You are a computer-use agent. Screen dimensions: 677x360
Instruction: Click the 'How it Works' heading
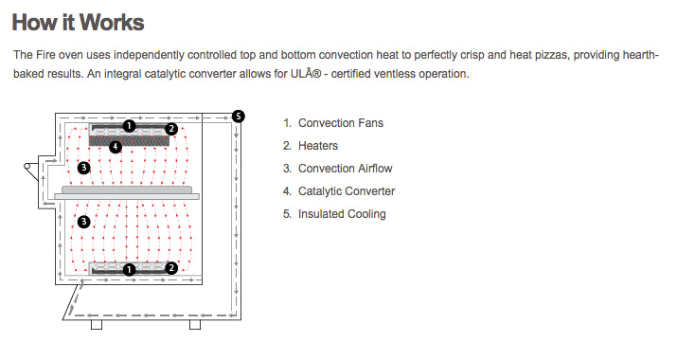[78, 23]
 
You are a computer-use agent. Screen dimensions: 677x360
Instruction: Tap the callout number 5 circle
[238, 117]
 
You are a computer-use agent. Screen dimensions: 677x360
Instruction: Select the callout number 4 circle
[116, 147]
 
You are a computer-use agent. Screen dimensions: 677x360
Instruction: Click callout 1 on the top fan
[129, 126]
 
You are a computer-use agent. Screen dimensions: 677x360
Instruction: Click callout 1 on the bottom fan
[129, 270]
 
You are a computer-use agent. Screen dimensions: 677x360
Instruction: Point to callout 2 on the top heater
[171, 129]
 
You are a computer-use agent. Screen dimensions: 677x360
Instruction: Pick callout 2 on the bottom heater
[171, 268]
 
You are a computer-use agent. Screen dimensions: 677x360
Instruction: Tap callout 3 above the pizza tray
[83, 168]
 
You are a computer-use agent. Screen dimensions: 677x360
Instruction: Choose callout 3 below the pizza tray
[83, 222]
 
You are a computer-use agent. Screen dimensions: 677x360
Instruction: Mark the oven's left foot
[97, 325]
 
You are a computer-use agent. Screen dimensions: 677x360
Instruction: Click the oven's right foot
[195, 325]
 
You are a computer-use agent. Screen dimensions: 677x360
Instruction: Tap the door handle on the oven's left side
[30, 171]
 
